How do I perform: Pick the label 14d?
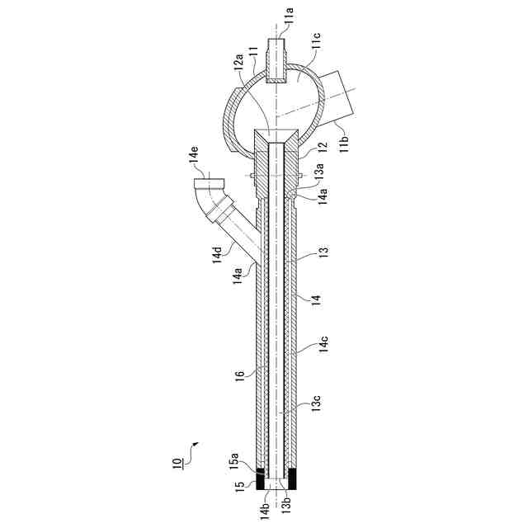(217, 255)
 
